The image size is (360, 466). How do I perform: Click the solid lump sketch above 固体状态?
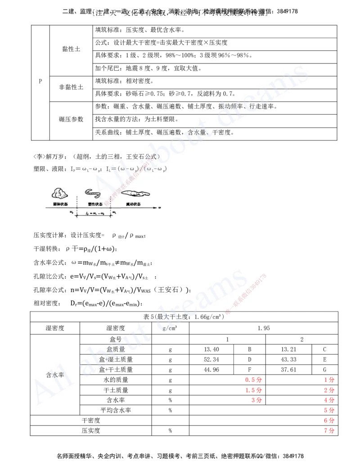(59, 193)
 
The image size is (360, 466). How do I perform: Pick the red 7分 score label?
(329, 431)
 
